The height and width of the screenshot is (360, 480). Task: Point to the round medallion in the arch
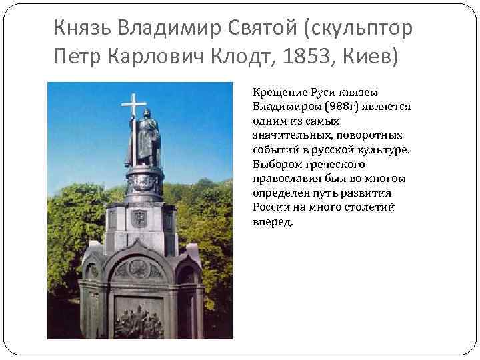139,267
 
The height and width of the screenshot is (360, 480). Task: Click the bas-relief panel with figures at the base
139,320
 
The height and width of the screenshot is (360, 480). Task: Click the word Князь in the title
82,28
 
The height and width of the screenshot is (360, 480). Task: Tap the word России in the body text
270,207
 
